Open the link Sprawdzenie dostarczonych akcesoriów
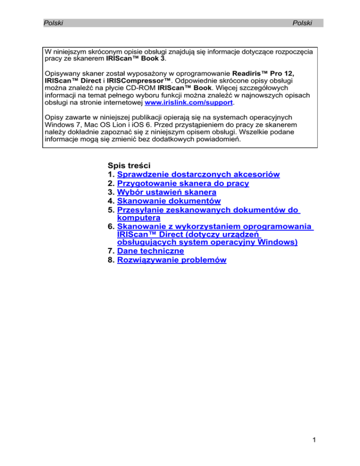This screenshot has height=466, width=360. (198, 174)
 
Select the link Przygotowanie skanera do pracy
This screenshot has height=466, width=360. (183, 183)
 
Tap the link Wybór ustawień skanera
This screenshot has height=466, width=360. (166, 192)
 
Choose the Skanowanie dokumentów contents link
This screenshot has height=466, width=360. (169, 201)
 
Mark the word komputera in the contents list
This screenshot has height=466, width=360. (138, 218)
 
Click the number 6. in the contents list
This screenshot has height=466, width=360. (111, 227)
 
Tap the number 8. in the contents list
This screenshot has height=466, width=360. (111, 260)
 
